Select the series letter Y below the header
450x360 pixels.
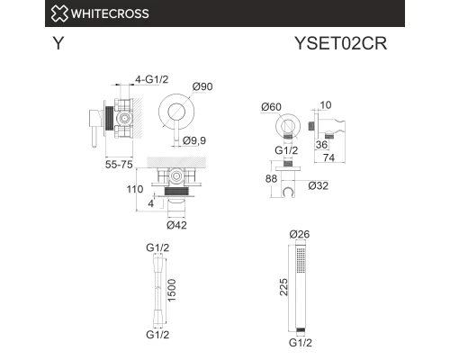click(x=58, y=44)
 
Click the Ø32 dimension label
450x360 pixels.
click(x=318, y=186)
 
